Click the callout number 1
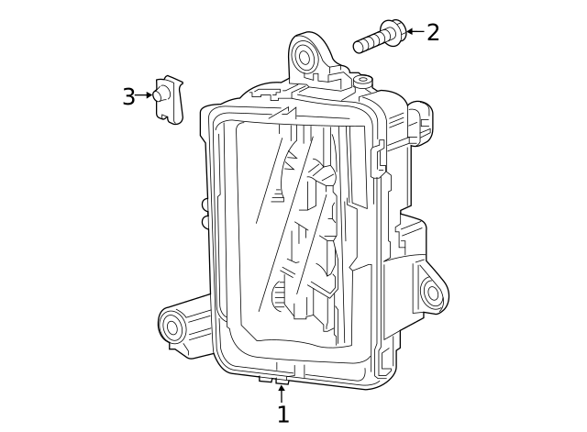tap(282, 415)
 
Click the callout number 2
tap(433, 32)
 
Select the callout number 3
tap(128, 96)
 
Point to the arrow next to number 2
tap(415, 31)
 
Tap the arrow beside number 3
tap(144, 94)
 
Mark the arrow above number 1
tap(282, 393)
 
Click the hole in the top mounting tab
tap(305, 58)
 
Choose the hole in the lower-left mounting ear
tap(172, 326)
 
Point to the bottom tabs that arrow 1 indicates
tap(274, 378)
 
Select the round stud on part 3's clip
tap(161, 94)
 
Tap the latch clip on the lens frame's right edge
tap(380, 158)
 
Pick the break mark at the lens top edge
tap(288, 113)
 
